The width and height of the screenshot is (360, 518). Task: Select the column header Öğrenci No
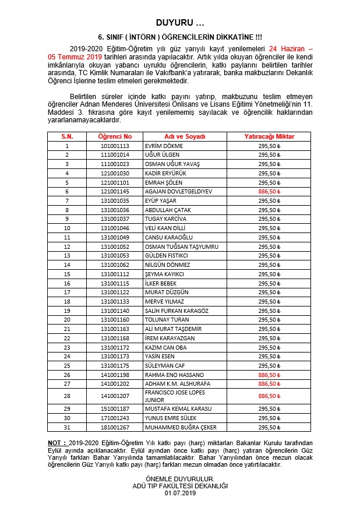[115, 136]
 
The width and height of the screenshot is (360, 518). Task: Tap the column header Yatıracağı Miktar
[269, 136]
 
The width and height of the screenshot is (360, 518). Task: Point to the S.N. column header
[67, 136]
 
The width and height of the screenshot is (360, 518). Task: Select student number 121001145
[115, 192]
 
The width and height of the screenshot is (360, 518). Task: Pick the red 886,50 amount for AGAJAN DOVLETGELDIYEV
[269, 192]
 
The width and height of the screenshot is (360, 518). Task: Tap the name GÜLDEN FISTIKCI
[167, 256]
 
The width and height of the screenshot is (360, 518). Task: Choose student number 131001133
[115, 302]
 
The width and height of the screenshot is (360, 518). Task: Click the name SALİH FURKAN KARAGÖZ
[177, 311]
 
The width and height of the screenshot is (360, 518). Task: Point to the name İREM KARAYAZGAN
[169, 339]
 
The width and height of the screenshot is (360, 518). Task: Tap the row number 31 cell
[67, 427]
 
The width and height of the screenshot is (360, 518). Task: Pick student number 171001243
[115, 418]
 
